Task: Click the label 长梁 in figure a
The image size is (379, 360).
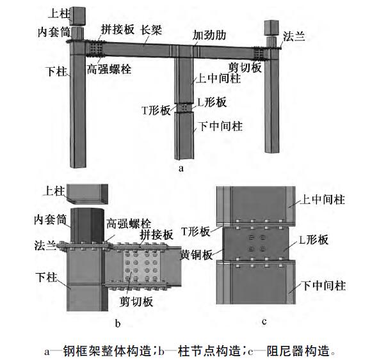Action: click(x=151, y=30)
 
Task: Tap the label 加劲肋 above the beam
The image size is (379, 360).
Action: click(x=209, y=35)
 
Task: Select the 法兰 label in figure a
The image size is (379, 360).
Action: click(x=294, y=36)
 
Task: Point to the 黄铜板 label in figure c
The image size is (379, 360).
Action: click(x=197, y=254)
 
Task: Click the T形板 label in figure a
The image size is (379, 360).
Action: click(x=156, y=111)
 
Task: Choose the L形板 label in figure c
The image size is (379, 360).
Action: click(x=314, y=240)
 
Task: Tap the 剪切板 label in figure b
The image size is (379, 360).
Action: click(x=136, y=302)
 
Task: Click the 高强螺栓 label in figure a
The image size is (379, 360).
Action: click(x=109, y=69)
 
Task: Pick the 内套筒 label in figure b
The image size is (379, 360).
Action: click(x=50, y=220)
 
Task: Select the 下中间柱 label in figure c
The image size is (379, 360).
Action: click(x=324, y=286)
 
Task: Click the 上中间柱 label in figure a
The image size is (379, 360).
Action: click(x=218, y=79)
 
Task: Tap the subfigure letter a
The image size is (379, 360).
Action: click(x=181, y=168)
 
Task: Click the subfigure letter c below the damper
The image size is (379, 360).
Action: click(x=264, y=322)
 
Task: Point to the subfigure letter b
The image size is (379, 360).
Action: click(x=118, y=324)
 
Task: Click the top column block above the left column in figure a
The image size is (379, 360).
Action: click(x=77, y=16)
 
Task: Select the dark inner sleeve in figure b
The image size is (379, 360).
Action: click(x=88, y=225)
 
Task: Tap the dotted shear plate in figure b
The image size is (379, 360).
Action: click(x=140, y=265)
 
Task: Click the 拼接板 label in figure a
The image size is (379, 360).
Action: click(x=118, y=29)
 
